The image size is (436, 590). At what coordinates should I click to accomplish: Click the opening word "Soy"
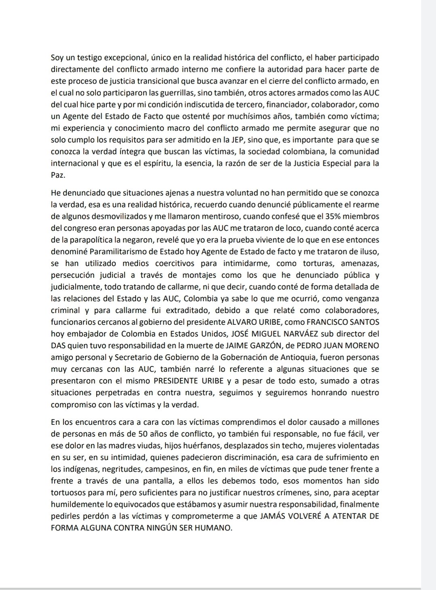click(57, 58)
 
